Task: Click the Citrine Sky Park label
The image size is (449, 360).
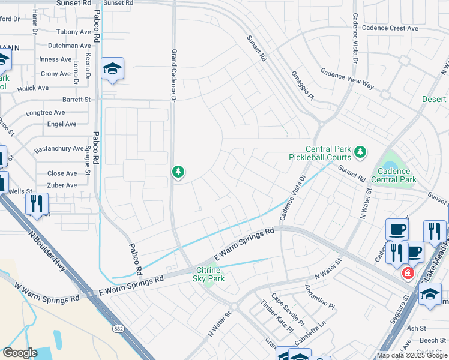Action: point(209,274)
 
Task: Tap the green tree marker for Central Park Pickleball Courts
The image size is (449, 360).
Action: point(360,152)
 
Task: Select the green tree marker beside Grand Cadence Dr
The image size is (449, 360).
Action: point(178,173)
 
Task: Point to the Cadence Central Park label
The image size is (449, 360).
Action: point(393,175)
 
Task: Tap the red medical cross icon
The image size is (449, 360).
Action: point(408,273)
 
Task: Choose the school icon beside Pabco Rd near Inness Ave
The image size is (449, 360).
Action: point(112,70)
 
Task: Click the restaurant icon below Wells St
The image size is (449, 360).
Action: point(37,204)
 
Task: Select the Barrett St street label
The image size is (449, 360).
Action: point(76,100)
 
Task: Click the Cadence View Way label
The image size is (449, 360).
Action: point(347,79)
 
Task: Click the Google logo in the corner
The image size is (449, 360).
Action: point(20,352)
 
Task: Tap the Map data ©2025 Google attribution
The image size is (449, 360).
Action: point(412,355)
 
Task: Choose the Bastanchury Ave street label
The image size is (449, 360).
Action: point(58,148)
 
